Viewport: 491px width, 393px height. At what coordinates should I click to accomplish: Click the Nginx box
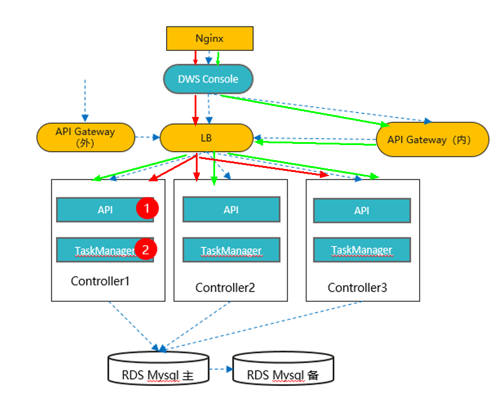(x=210, y=39)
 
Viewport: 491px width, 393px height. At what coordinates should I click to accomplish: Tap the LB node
(x=206, y=138)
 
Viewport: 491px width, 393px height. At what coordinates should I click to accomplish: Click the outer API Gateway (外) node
(x=85, y=137)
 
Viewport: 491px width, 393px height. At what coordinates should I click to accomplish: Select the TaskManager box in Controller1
(x=99, y=250)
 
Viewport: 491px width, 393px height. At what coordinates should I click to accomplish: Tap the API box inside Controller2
(x=231, y=209)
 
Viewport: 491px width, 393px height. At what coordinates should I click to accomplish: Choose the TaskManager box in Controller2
(x=231, y=250)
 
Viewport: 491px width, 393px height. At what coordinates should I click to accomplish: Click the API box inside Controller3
(x=362, y=211)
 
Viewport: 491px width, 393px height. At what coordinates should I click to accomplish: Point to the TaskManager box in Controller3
(x=362, y=250)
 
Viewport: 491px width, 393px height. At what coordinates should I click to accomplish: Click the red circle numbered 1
(x=147, y=208)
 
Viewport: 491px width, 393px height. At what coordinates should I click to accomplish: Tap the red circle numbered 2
(x=146, y=249)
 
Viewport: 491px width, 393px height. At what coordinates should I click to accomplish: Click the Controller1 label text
(x=100, y=281)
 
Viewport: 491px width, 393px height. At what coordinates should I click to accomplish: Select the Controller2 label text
(x=225, y=288)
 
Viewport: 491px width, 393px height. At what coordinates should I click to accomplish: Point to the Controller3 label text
(x=357, y=288)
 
